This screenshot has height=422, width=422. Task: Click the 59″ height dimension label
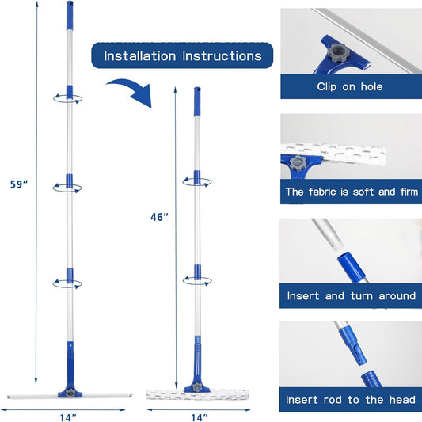click(x=19, y=184)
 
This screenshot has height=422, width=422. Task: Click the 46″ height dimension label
click(x=160, y=217)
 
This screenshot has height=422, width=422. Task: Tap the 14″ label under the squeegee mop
click(x=68, y=417)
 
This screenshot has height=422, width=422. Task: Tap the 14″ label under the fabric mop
click(x=200, y=417)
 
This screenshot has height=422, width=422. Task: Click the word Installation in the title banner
click(x=140, y=56)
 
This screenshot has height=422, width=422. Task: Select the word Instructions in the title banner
click(x=222, y=56)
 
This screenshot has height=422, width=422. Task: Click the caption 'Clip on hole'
click(x=350, y=86)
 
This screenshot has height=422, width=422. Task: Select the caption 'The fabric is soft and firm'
click(x=352, y=192)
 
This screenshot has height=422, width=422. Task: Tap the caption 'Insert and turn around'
click(x=352, y=296)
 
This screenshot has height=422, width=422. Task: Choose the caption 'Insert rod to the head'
click(x=351, y=400)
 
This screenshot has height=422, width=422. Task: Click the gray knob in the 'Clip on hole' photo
click(x=336, y=52)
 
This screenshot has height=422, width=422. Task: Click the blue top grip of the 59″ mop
click(x=70, y=15)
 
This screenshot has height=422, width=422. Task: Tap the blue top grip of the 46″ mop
click(x=197, y=101)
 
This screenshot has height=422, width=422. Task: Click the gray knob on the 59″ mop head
click(x=70, y=392)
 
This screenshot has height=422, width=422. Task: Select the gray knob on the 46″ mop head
click(x=197, y=387)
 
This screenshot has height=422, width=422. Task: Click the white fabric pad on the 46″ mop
click(x=197, y=394)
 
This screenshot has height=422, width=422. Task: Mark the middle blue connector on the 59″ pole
click(x=70, y=181)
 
